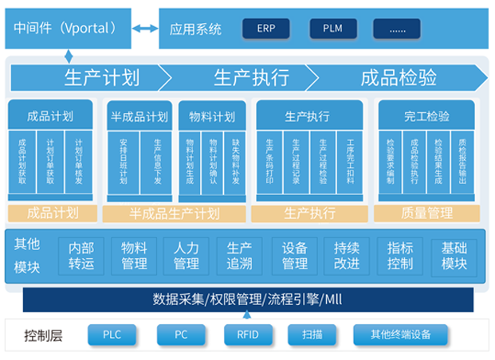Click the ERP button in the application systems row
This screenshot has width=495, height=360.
click(x=266, y=29)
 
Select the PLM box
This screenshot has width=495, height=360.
click(x=333, y=29)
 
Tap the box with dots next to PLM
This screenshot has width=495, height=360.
click(x=397, y=29)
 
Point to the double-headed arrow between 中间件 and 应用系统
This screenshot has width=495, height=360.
click(x=145, y=29)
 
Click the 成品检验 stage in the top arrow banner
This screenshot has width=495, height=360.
click(x=399, y=77)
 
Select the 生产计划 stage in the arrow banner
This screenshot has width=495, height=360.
click(x=101, y=77)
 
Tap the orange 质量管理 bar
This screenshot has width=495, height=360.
click(x=429, y=213)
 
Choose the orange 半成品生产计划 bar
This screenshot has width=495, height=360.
click(x=174, y=213)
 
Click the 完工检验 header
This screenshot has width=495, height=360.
click(x=426, y=116)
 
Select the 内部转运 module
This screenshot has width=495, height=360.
click(x=81, y=256)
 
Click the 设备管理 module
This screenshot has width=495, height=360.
click(x=295, y=256)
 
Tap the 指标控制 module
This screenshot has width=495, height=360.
click(x=400, y=256)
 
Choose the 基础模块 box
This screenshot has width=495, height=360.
click(x=454, y=256)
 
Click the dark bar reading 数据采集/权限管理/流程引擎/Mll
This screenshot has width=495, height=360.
click(x=248, y=299)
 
